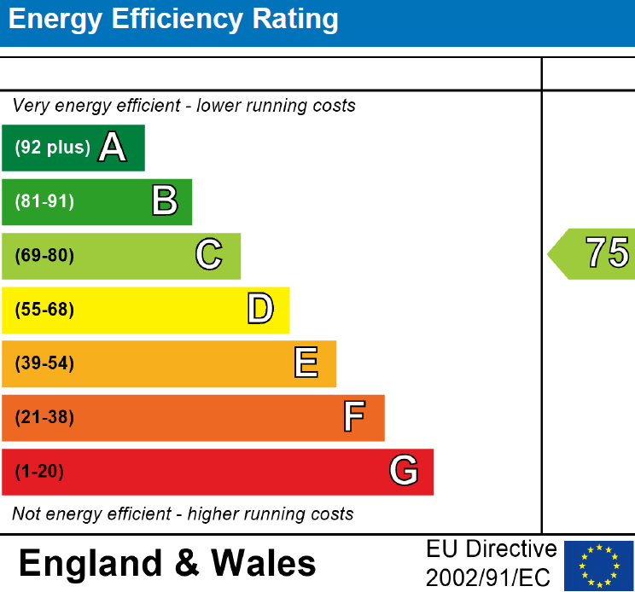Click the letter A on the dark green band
point(112,148)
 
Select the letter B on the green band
point(165,201)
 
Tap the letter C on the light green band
point(209,255)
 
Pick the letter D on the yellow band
point(260,310)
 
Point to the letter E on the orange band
point(306,363)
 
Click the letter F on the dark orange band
point(354,417)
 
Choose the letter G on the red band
point(404,471)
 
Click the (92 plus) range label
point(52,148)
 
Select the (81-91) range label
point(44,202)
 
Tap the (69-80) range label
point(44,256)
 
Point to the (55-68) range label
point(44,310)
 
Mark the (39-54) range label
point(44,364)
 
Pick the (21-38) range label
point(44,418)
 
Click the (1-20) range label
point(39,472)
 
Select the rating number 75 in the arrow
point(607,253)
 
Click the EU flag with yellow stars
point(599,565)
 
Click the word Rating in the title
point(288,20)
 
